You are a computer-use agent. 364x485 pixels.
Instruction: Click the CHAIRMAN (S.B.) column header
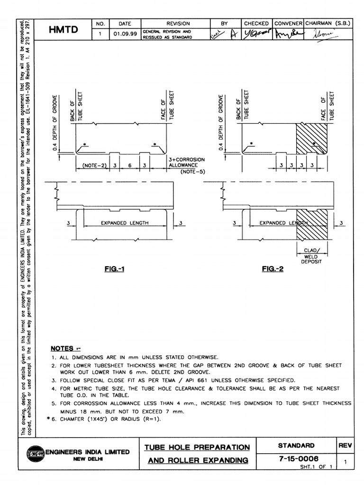[328, 23]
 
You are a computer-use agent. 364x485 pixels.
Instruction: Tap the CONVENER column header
[288, 23]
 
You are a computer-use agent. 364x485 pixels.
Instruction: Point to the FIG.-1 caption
[114, 269]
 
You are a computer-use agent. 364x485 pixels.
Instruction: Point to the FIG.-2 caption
[273, 269]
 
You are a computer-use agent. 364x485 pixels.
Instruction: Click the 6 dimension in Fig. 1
[129, 166]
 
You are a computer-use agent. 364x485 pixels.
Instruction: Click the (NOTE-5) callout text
[192, 171]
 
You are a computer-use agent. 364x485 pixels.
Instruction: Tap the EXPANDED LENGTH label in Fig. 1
[125, 223]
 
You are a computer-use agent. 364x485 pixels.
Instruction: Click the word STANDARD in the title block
[295, 445]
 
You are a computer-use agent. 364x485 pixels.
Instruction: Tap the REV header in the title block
[345, 445]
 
